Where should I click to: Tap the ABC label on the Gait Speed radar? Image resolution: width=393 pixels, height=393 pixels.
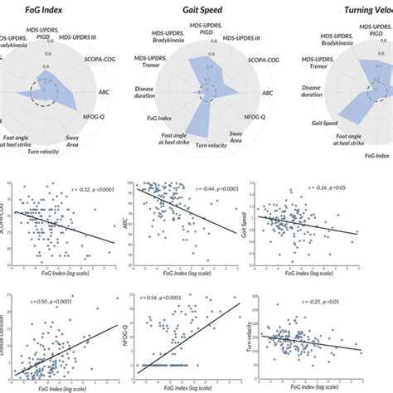[x=266, y=94]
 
